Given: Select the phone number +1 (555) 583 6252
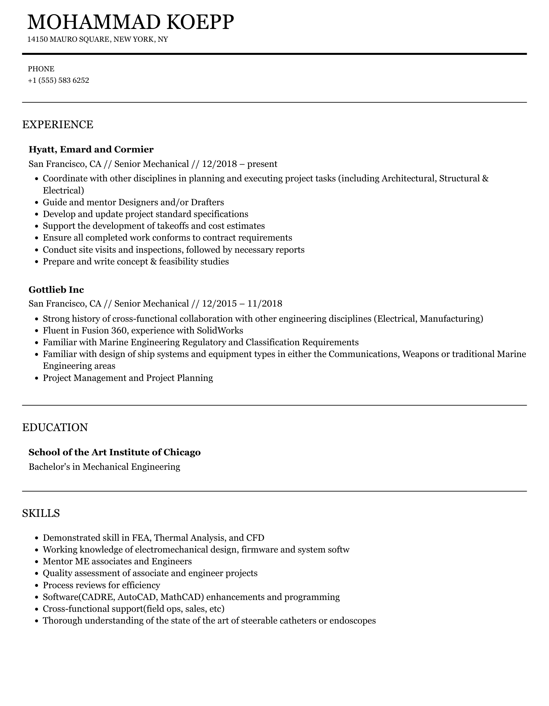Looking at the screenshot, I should [x=59, y=80].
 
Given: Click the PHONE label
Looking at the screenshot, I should [x=41, y=69].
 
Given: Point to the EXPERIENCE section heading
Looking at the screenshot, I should [x=58, y=125].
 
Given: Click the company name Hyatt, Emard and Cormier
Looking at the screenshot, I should [x=91, y=149].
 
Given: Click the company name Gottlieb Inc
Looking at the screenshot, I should [x=56, y=290].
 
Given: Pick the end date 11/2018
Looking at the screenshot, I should [x=265, y=304].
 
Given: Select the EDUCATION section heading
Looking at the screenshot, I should [x=55, y=427].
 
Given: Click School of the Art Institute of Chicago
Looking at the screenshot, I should [x=114, y=452].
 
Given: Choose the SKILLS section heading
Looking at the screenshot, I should [x=41, y=513].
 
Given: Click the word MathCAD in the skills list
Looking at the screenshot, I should [x=182, y=597].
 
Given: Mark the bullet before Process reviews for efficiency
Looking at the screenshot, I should [x=37, y=586].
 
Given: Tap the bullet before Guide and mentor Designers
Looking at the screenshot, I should [x=37, y=203].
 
